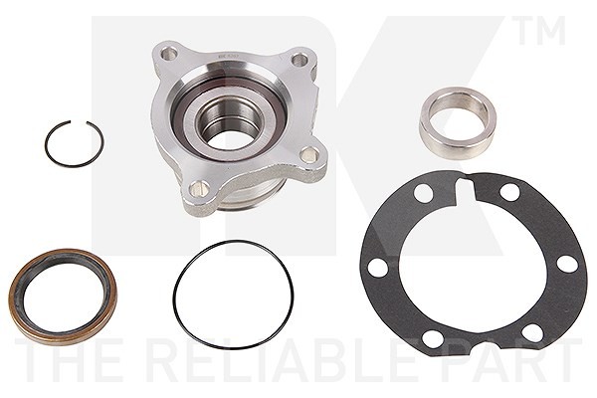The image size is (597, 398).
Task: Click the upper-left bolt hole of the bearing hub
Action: point(168,54)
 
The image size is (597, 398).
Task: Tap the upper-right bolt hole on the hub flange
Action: point(299,60)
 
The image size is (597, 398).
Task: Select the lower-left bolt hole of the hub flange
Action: point(199,188)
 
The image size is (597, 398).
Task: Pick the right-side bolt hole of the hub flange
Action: point(308,154)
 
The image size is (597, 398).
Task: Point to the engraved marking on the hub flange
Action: point(228,57)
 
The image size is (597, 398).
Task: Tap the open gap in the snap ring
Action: point(79,121)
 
